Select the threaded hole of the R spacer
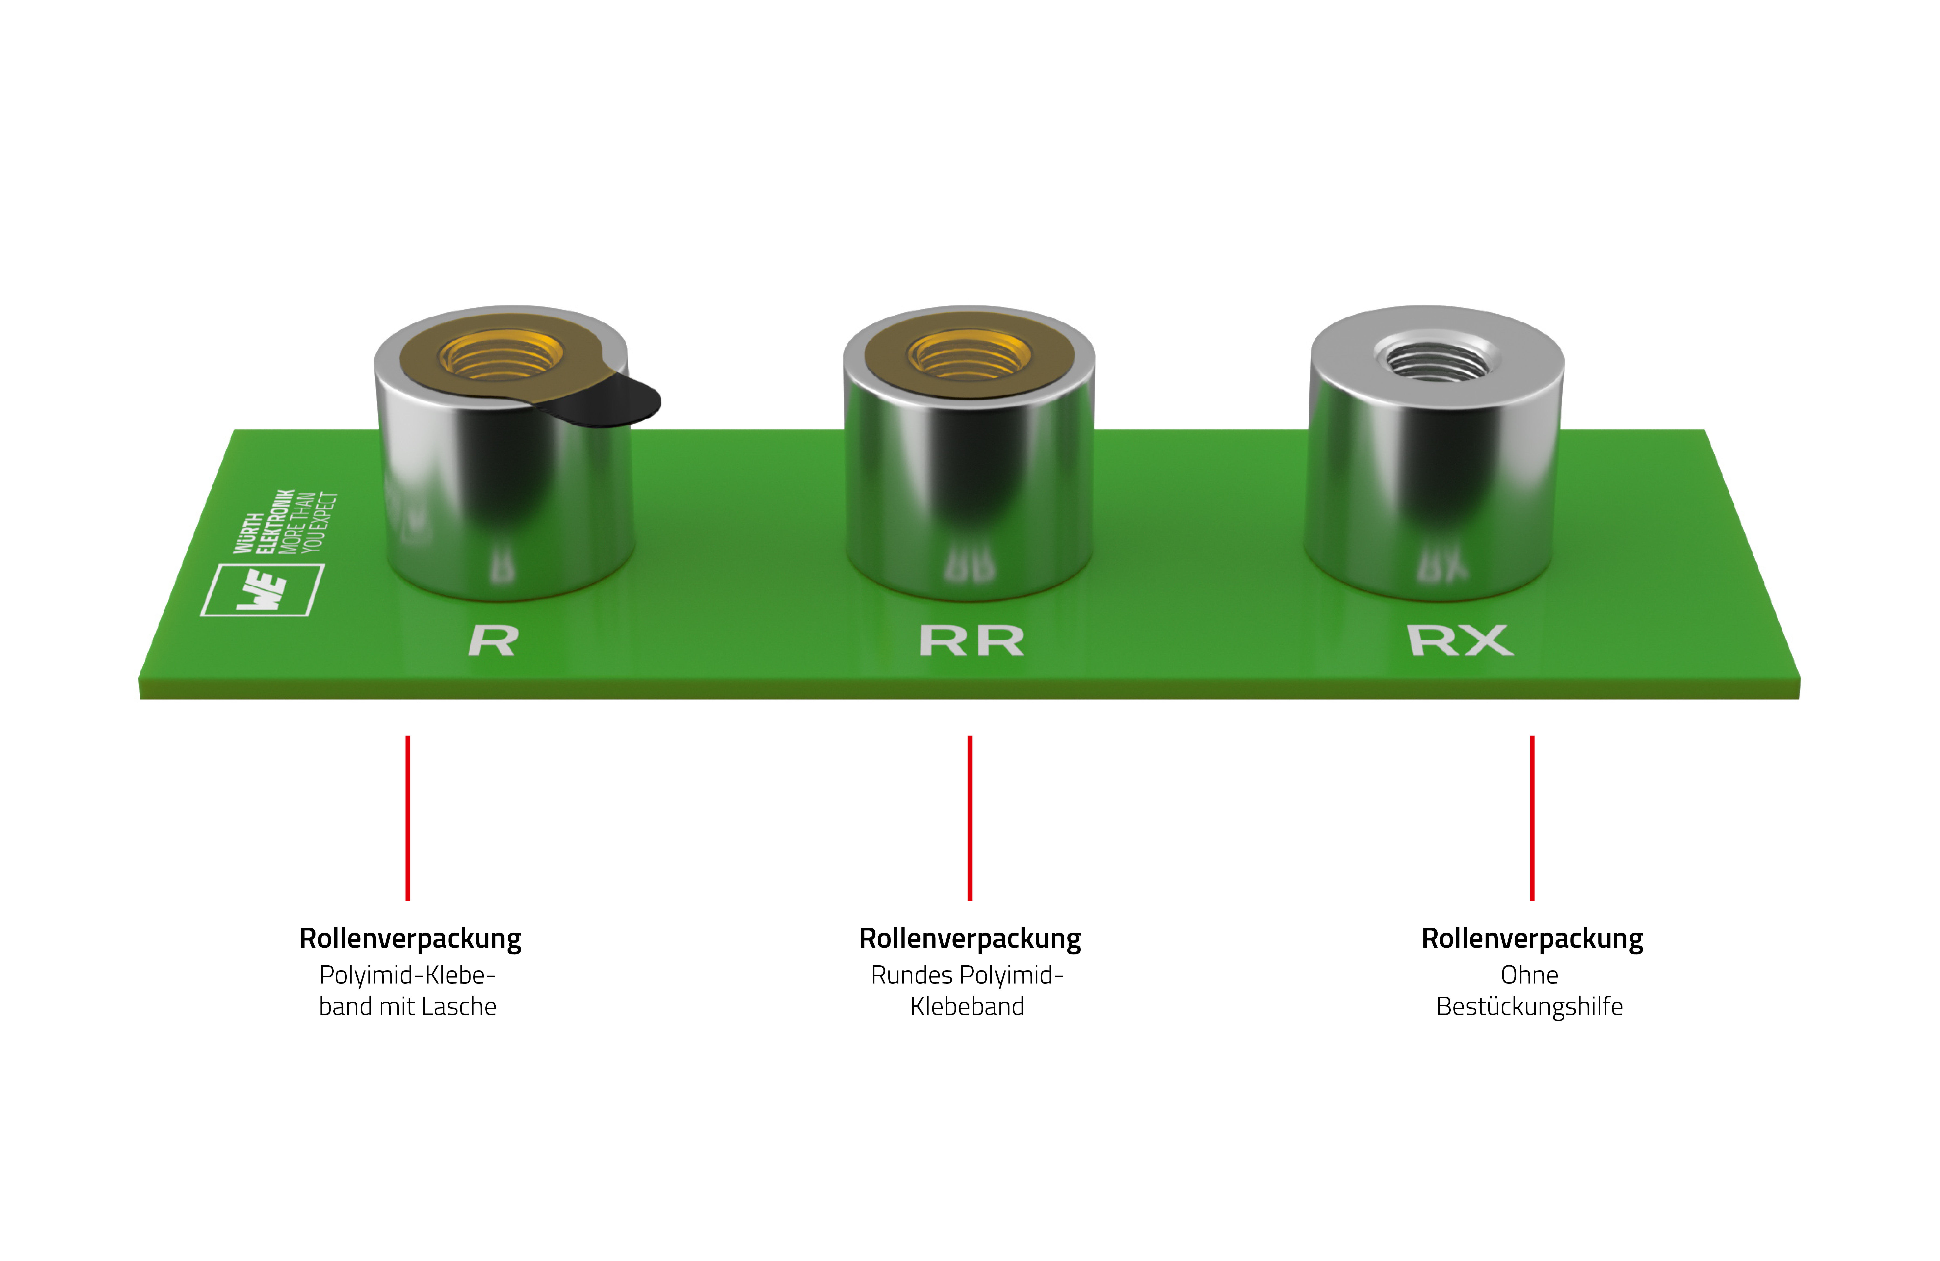coord(501,356)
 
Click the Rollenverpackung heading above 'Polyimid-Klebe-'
coord(410,938)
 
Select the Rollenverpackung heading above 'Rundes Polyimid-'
coord(970,938)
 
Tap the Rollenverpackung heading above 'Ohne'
coord(1532,938)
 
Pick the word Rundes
coord(911,975)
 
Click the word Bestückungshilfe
coord(1529,1007)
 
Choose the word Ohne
coord(1529,975)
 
